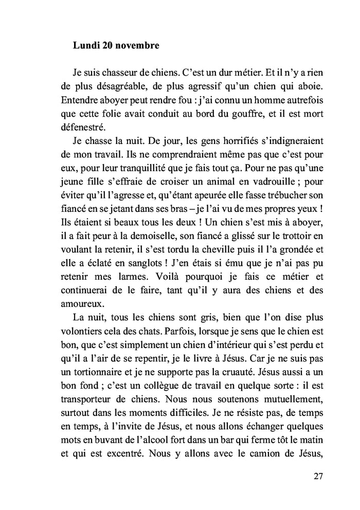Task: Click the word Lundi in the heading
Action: coord(85,46)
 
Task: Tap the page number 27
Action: coord(318,475)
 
